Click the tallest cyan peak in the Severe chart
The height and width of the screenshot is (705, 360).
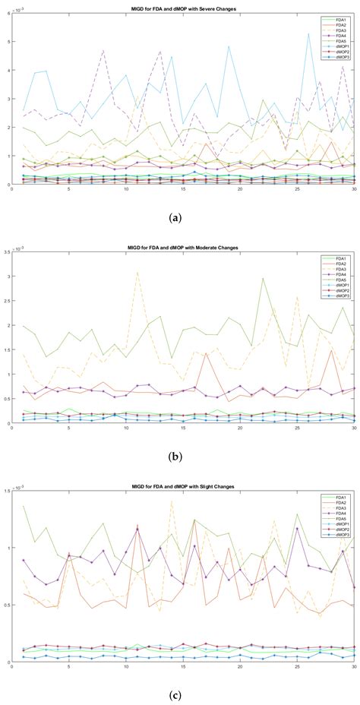(308, 33)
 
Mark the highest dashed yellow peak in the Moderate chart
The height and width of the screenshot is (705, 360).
(137, 272)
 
